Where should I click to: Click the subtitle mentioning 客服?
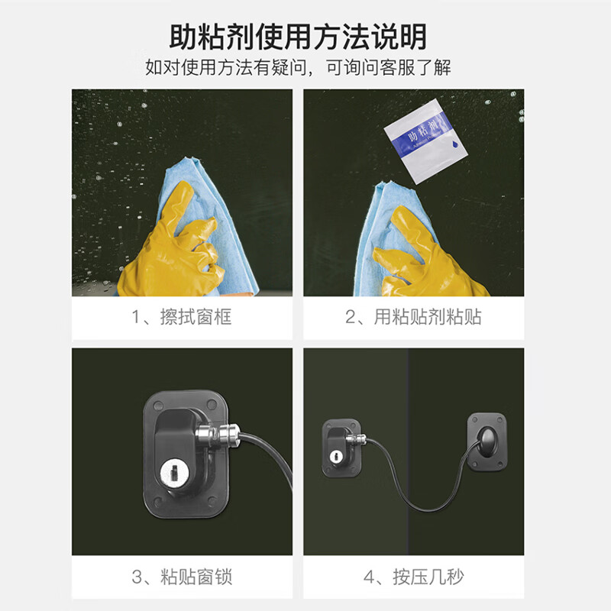299,67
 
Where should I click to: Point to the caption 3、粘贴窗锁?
182,577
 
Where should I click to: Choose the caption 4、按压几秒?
413,577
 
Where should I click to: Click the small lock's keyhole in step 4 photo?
335,456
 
